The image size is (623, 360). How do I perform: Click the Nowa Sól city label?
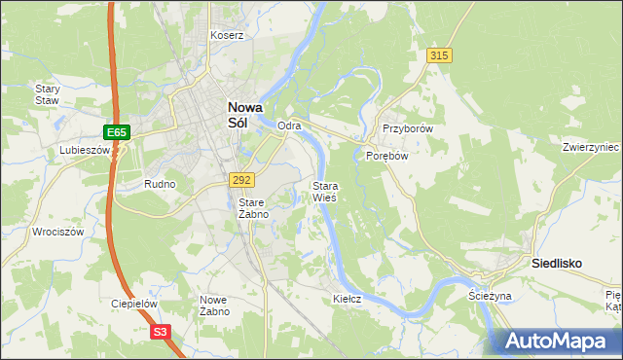[x=242, y=116]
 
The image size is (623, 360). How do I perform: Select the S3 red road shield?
[x=163, y=332]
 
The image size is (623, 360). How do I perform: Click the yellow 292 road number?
[x=242, y=180]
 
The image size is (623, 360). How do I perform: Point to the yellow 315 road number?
[x=439, y=56]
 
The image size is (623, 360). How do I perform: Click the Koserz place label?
[x=227, y=35]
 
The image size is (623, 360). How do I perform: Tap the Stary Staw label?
[x=48, y=93]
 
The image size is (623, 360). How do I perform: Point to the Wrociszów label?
[x=56, y=233]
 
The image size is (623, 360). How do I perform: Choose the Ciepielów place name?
[x=134, y=304]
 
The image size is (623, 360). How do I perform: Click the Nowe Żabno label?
[x=214, y=306]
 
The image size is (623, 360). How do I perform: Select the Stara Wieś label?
[x=324, y=191]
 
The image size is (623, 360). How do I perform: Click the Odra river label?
[x=289, y=126]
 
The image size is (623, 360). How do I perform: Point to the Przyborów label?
[x=407, y=128]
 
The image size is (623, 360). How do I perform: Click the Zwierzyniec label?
[x=591, y=148]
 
